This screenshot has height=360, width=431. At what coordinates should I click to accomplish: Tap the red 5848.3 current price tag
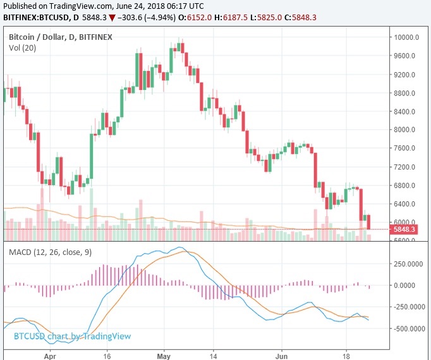point(403,229)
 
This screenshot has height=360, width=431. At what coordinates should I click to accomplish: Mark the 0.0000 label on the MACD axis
point(408,285)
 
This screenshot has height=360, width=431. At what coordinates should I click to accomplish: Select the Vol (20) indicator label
point(23,48)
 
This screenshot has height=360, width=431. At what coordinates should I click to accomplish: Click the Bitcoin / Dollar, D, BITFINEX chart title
point(61,37)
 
